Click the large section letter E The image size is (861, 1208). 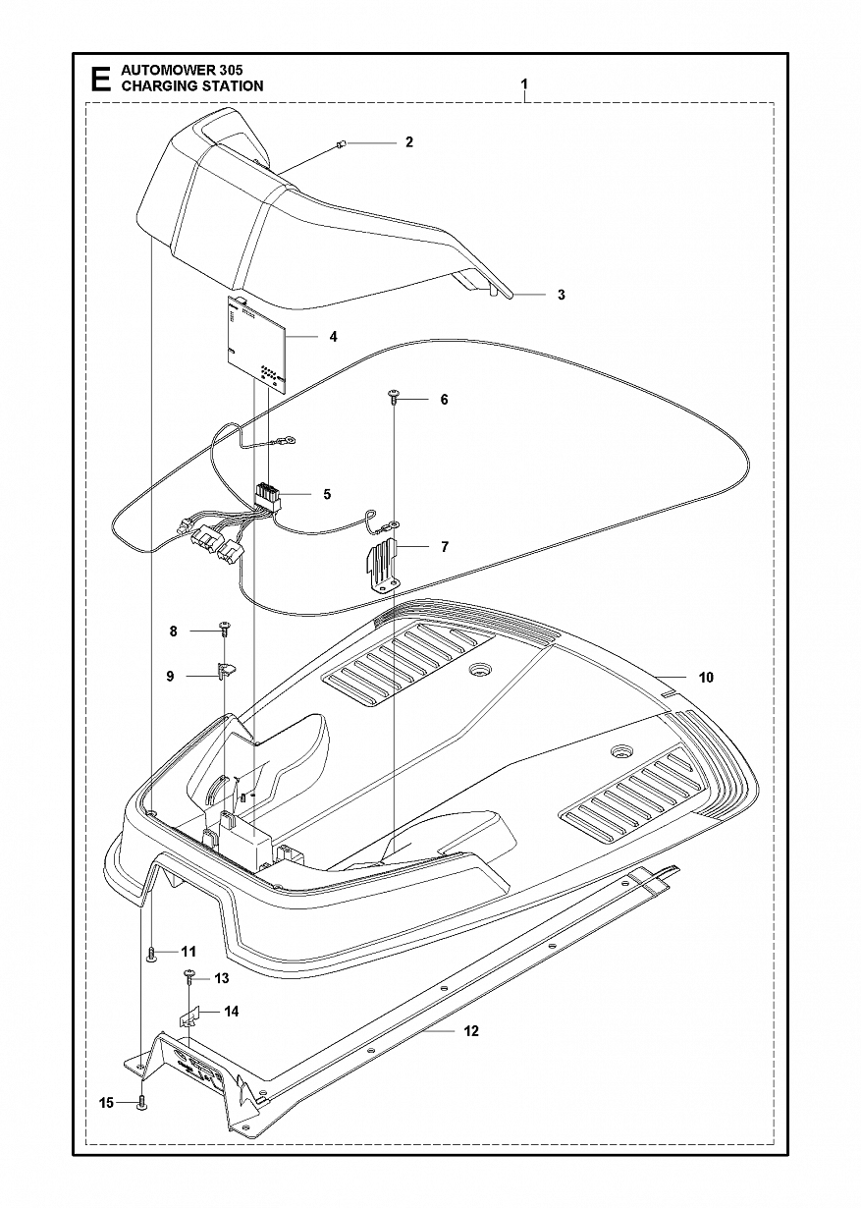(x=99, y=79)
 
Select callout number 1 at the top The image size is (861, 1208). (x=524, y=85)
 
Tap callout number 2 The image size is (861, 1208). (x=408, y=142)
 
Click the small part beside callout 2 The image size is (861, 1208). (x=339, y=143)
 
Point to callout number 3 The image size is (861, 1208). (x=561, y=295)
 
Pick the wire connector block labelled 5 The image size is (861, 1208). (x=266, y=498)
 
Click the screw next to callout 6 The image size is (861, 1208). (x=393, y=397)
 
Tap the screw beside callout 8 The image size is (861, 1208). (x=225, y=627)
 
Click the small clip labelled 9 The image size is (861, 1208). (x=226, y=673)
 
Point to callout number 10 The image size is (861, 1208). (x=706, y=678)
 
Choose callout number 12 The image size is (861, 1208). (x=471, y=1031)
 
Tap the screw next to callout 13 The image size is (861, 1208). (x=188, y=977)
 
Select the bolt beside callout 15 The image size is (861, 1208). (x=143, y=1102)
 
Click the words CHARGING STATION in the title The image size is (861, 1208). (x=191, y=86)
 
